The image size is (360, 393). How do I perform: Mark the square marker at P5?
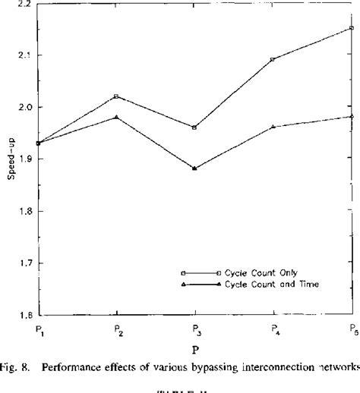coord(352,28)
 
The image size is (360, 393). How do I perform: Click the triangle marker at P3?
coord(194,168)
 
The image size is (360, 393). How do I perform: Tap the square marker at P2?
coord(115,96)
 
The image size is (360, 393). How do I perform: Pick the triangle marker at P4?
coord(273,127)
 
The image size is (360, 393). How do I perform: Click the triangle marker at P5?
coord(352,116)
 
